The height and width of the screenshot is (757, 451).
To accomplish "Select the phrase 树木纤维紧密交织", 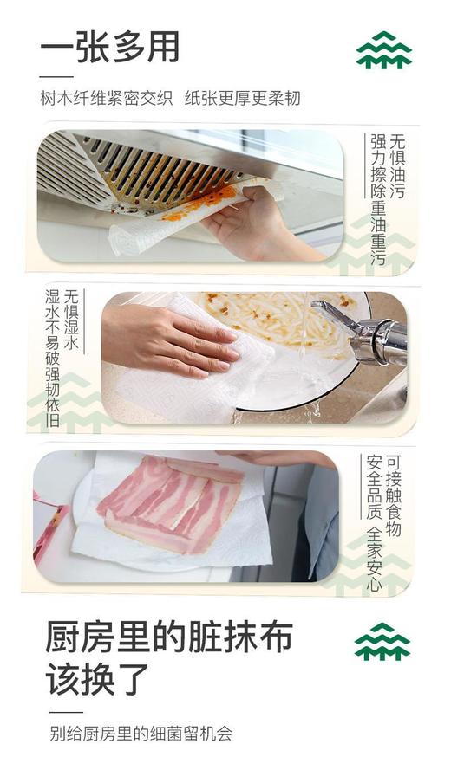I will tap(106, 98).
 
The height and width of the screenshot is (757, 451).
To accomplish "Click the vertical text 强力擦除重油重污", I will tap(378, 197).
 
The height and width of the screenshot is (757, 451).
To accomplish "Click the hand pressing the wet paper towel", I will tap(169, 340).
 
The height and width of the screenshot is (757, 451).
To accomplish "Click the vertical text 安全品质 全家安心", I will tap(375, 521).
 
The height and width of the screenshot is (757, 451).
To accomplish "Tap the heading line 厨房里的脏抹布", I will tap(169, 638).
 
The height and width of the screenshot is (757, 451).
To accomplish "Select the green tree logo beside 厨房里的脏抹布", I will tap(382, 642).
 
